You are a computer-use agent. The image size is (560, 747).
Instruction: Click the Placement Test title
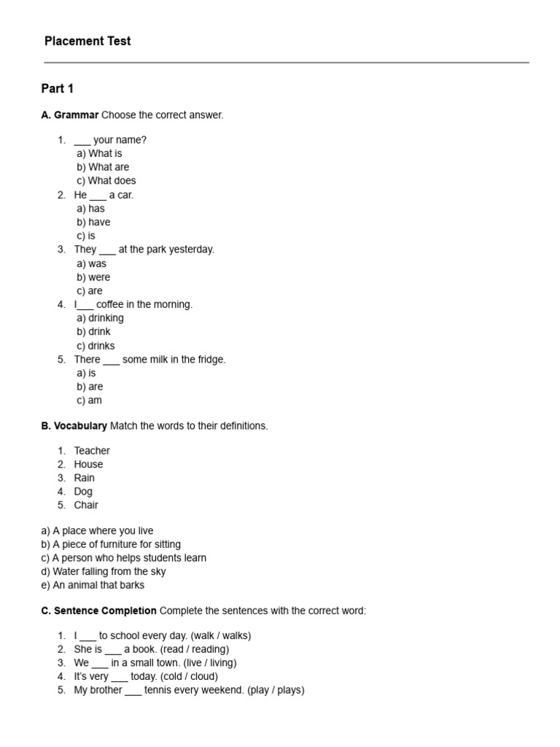(87, 42)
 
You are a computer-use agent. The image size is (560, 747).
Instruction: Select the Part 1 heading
(58, 89)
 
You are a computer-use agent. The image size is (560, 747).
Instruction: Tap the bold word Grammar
(76, 115)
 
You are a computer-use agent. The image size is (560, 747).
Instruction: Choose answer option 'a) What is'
(99, 154)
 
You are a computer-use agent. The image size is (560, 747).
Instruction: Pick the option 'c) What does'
(106, 181)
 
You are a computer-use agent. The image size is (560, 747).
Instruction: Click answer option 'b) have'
(93, 222)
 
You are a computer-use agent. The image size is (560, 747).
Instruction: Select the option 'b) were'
(93, 277)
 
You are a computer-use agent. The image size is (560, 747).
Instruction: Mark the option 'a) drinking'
(100, 318)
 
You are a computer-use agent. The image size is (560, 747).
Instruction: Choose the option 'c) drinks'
(96, 346)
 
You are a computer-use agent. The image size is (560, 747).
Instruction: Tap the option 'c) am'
(89, 400)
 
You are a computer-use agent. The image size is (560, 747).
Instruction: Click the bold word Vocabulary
(80, 426)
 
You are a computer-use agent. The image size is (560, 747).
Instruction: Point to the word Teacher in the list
(92, 451)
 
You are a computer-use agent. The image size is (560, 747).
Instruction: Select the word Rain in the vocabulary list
(84, 478)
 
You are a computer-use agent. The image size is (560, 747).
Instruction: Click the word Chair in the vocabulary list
(86, 505)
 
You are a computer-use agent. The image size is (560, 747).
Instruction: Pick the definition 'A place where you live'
(103, 531)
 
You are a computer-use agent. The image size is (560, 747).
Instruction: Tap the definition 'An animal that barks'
(98, 585)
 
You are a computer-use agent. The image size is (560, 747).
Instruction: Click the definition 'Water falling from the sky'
(109, 572)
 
